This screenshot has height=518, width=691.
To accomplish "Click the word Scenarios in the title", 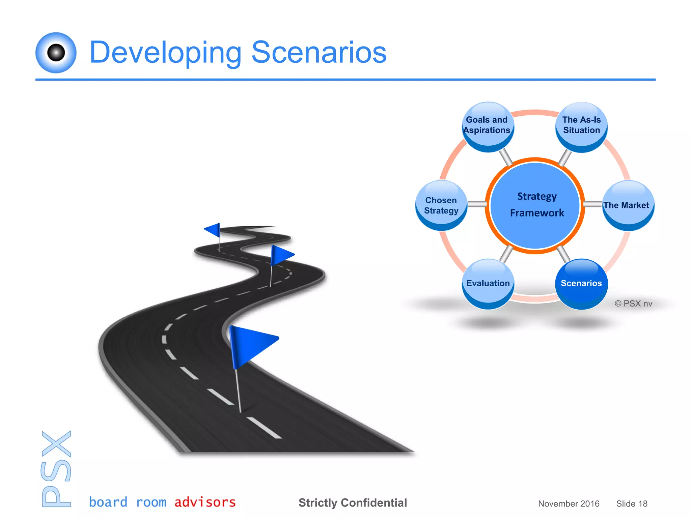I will point(319,52).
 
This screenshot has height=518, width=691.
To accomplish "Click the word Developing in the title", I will point(165,53).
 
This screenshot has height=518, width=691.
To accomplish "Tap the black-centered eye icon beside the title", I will point(56,53).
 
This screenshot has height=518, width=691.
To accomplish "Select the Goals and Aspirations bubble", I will point(487,126).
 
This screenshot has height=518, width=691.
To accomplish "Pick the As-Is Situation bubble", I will point(581,126).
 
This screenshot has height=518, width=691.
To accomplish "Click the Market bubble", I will point(628,205).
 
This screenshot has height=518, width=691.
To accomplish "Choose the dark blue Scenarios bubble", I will point(581,283).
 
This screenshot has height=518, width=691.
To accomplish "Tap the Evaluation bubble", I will point(488,284).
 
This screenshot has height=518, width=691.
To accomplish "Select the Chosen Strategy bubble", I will point(441,205).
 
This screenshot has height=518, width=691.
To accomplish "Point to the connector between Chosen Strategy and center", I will point(477,204).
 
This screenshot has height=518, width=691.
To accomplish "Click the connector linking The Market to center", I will point(593,204).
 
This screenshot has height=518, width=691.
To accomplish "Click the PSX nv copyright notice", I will point(633,304).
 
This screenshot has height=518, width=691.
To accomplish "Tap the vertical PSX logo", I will point(56,469).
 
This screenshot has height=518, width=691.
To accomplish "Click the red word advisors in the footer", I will point(205,502).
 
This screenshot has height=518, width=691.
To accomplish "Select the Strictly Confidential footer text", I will point(353,503).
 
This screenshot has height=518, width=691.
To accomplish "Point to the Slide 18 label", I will point(632,503).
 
